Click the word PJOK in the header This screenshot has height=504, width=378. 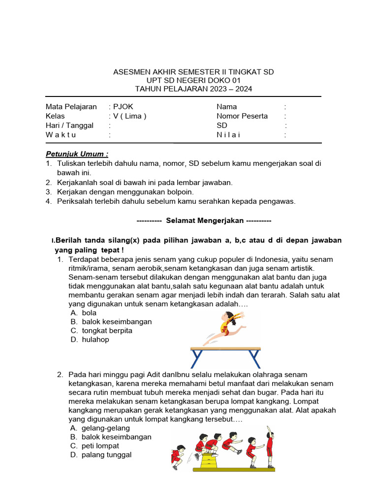pyautogui.click(x=123, y=107)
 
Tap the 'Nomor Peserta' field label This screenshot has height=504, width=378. pyautogui.click(x=242, y=116)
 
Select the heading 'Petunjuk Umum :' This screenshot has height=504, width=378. pyautogui.click(x=77, y=154)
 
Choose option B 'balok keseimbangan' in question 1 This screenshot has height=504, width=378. pyautogui.click(x=117, y=322)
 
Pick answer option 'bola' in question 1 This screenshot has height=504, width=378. pyautogui.click(x=89, y=313)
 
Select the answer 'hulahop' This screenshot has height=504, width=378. pyautogui.click(x=95, y=340)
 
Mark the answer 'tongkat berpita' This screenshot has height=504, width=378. pyautogui.click(x=107, y=331)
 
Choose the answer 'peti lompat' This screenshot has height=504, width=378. pyautogui.click(x=100, y=446)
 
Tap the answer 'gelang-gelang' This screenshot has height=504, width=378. pyautogui.click(x=106, y=428)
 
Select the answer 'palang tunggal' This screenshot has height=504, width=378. pyautogui.click(x=107, y=455)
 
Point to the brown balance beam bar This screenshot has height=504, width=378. pyautogui.click(x=225, y=349)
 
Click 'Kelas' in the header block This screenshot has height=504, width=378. pyautogui.click(x=55, y=116)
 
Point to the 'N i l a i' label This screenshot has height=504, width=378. pyautogui.click(x=228, y=135)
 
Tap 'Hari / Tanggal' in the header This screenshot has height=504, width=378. pyautogui.click(x=69, y=126)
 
